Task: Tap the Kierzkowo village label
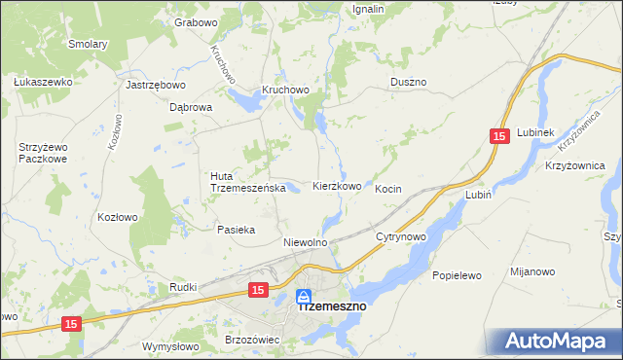pos(338,185)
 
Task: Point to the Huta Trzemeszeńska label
pos(247,182)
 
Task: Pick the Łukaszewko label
pos(44,82)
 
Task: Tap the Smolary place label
pos(88,44)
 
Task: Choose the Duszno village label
pos(409,83)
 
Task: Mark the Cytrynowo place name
pos(401,236)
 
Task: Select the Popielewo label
pos(458,275)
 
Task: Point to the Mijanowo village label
pos(534,275)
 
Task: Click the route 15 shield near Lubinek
pos(499,139)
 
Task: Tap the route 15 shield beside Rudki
pos(257,289)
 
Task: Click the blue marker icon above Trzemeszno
pos(304,295)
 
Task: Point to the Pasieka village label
pos(237,230)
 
